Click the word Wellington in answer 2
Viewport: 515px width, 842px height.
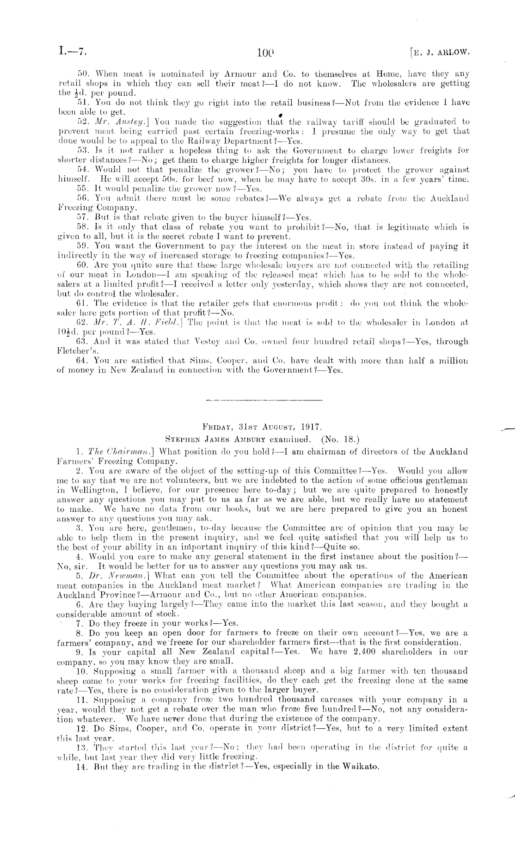[87, 490]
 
